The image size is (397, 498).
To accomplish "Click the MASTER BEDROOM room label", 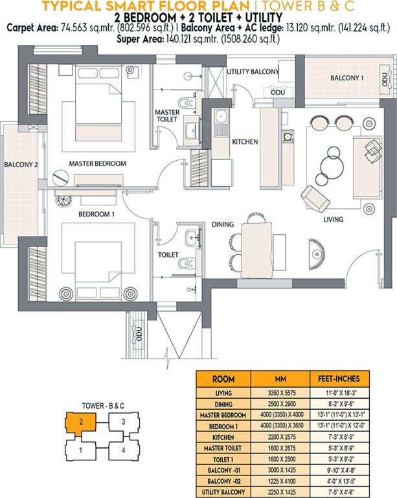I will click(x=97, y=163).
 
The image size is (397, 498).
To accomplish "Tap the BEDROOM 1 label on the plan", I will click(x=96, y=213).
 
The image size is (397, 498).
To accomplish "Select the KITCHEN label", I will click(x=245, y=142).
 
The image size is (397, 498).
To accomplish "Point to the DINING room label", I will click(x=222, y=224).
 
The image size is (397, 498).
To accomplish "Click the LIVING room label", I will click(x=333, y=220).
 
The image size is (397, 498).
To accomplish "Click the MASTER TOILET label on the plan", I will click(x=167, y=116).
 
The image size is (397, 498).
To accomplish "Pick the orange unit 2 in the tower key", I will click(x=78, y=422).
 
